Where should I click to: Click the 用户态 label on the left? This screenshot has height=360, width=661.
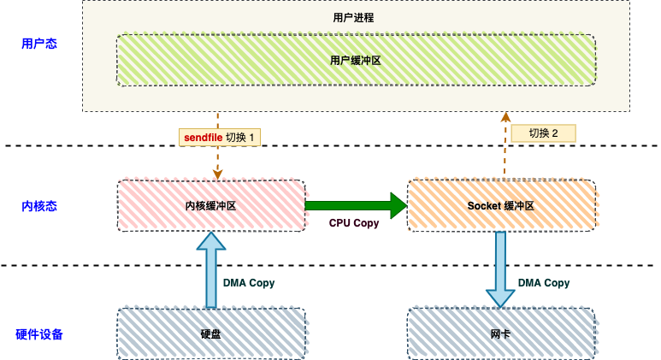coord(38,44)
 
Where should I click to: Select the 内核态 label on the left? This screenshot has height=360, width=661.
coord(38,206)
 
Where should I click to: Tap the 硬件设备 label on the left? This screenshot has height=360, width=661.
coord(39,333)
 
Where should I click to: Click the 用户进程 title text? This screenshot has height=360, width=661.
coord(353,17)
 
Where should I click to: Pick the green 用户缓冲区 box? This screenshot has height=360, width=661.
coord(355,61)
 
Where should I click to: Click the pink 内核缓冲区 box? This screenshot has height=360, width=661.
coord(210,206)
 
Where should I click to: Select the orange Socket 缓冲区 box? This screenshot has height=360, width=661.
coord(501,206)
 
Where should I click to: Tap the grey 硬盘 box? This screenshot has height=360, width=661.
coord(210,333)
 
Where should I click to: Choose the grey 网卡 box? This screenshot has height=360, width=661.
coord(501,333)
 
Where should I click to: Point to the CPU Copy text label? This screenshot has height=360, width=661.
coord(354,223)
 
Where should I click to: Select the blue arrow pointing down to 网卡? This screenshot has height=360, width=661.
coord(501,269)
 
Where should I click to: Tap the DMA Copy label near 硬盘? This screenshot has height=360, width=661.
coord(249,283)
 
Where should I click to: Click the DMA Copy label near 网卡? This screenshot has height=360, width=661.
coord(544,283)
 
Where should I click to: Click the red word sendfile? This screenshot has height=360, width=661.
coord(203,137)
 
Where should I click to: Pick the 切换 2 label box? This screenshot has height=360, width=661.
coord(543,133)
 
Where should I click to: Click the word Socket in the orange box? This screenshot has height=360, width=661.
coord(484,206)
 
